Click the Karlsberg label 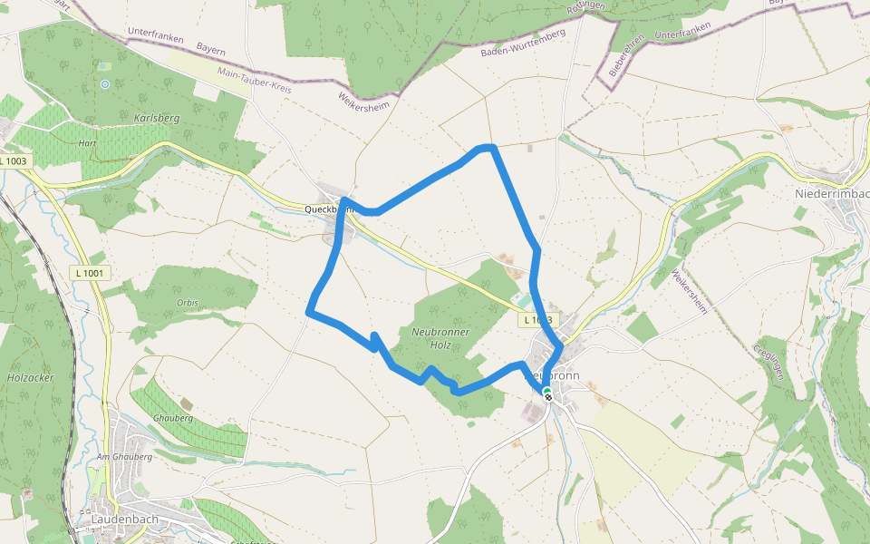(x=157, y=118)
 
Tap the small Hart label (x=87, y=143)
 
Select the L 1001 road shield (x=88, y=273)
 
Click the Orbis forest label (x=188, y=303)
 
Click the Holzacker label (x=31, y=376)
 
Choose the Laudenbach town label (x=125, y=520)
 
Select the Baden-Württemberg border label (x=523, y=43)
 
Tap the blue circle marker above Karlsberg (x=105, y=84)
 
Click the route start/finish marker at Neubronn (x=547, y=394)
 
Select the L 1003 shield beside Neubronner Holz (x=536, y=320)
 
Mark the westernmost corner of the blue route (x=310, y=312)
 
